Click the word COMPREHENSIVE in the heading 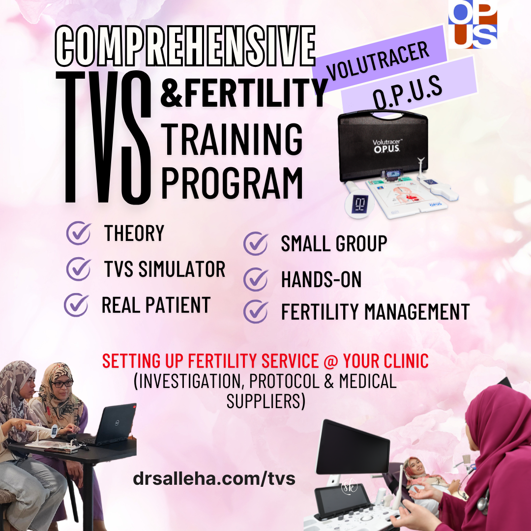pyautogui.click(x=185, y=46)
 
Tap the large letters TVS pyautogui.click(x=104, y=137)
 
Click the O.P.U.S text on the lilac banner pyautogui.click(x=408, y=92)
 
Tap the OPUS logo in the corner pyautogui.click(x=473, y=24)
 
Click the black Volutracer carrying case pyautogui.click(x=383, y=146)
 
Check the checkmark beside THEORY pyautogui.click(x=79, y=233)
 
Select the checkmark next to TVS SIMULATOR pyautogui.click(x=79, y=268)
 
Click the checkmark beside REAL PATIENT pyautogui.click(x=76, y=305)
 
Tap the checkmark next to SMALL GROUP pyautogui.click(x=256, y=243)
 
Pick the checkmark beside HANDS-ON pyautogui.click(x=256, y=279)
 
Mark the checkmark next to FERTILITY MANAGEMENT pyautogui.click(x=256, y=311)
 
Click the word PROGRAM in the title pyautogui.click(x=232, y=183)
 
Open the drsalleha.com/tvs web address pyautogui.click(x=214, y=479)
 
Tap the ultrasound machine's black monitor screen pyautogui.click(x=352, y=447)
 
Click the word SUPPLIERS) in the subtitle pyautogui.click(x=266, y=401)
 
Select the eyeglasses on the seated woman pyautogui.click(x=62, y=383)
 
